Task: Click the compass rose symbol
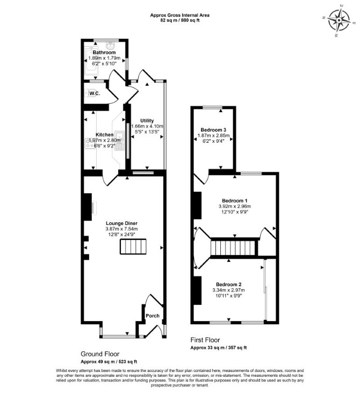(339, 20)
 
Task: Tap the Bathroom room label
(104, 53)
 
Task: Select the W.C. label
(95, 93)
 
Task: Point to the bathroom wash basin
(110, 46)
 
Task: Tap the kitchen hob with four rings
(89, 143)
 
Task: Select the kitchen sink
(119, 141)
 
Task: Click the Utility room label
(147, 121)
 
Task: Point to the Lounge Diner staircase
(133, 246)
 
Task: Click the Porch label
(153, 316)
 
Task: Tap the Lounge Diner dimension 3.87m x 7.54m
(122, 229)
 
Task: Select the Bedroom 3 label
(213, 130)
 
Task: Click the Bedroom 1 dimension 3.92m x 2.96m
(235, 206)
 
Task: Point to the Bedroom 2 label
(229, 284)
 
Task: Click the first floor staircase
(234, 247)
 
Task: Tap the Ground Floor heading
(100, 354)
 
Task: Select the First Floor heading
(205, 340)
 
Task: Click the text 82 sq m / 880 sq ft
(180, 20)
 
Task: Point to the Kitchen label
(104, 135)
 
